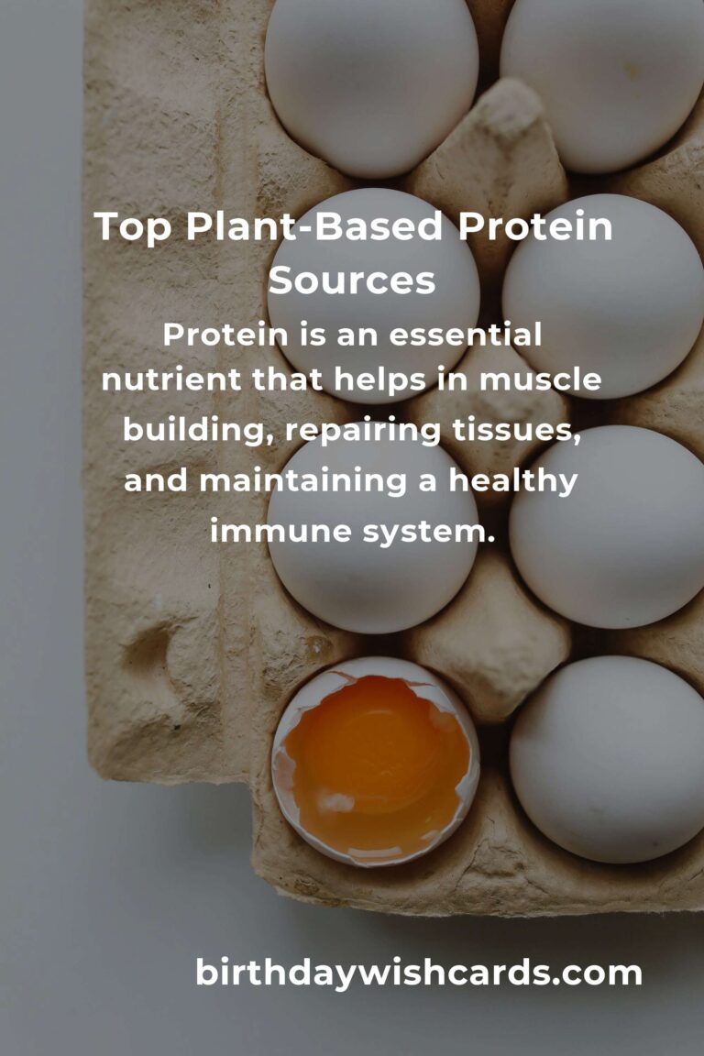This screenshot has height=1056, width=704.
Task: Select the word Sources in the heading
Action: (352, 280)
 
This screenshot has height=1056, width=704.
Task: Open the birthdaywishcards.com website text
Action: (419, 973)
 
